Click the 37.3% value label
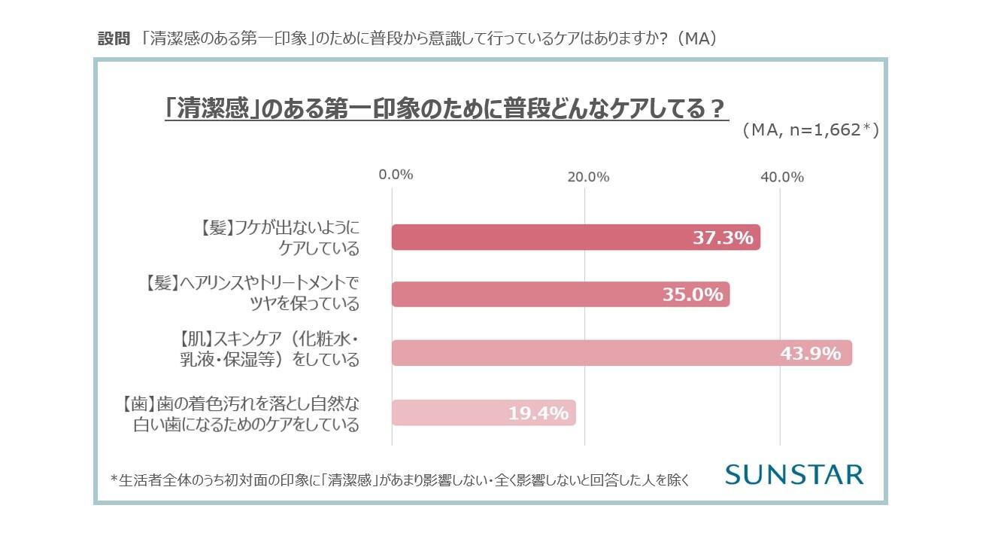click(x=722, y=238)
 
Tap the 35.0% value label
click(x=692, y=294)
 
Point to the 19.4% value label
click(x=537, y=412)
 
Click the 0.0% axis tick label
click(x=396, y=176)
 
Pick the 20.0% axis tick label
click(x=588, y=178)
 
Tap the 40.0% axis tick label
click(x=782, y=178)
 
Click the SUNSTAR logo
click(x=794, y=474)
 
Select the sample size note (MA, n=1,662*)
click(x=810, y=130)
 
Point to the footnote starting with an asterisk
click(x=399, y=479)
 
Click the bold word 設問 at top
click(x=114, y=39)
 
